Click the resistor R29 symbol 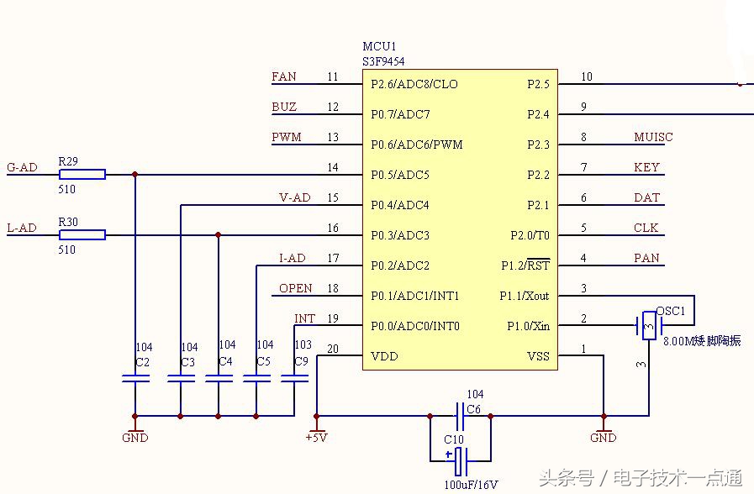point(82,174)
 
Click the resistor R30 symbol point(82,234)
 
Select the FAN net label point(284,76)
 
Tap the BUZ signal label point(284,107)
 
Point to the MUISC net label point(653,137)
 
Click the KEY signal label point(646,167)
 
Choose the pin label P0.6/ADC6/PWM point(417,145)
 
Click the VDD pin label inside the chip point(384,356)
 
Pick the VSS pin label point(538,356)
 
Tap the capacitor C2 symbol point(134,379)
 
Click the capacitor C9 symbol point(295,379)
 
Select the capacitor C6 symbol point(460,415)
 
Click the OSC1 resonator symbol point(648,326)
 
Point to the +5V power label point(316,438)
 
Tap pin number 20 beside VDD point(333,349)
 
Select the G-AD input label point(22,167)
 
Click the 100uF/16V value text point(471,485)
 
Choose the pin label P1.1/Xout point(524,296)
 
